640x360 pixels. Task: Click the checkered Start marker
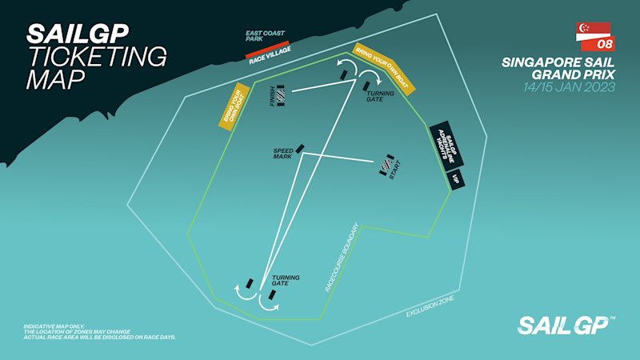(x=386, y=166)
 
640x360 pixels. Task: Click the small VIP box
(x=457, y=178)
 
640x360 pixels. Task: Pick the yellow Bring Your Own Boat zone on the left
(x=230, y=108)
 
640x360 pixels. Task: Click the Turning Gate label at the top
(x=375, y=95)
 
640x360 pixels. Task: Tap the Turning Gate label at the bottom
(x=286, y=281)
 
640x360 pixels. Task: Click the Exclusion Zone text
(x=430, y=304)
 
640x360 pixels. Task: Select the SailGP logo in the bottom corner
(x=566, y=325)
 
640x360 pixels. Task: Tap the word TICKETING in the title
(x=97, y=57)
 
